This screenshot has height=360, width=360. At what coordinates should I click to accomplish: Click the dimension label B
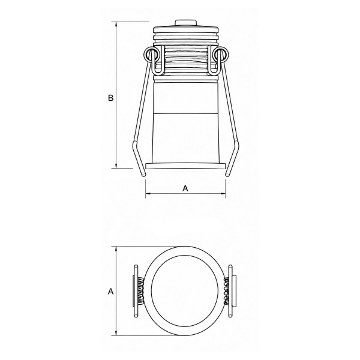[x=110, y=98]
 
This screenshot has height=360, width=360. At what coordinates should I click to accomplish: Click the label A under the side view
[x=185, y=188]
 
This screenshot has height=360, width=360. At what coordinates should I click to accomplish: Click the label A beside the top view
[x=110, y=292]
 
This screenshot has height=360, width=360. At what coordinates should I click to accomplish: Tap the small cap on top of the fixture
[x=186, y=23]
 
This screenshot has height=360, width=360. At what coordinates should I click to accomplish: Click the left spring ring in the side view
[x=151, y=55]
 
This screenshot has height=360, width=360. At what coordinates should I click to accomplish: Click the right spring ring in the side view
[x=221, y=55]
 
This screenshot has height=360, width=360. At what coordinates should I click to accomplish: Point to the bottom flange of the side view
[x=186, y=166]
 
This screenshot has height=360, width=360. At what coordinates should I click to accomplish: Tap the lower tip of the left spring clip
[x=144, y=175]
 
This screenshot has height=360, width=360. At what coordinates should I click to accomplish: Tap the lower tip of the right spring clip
[x=227, y=175]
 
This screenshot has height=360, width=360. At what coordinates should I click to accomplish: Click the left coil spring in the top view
[x=140, y=291]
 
